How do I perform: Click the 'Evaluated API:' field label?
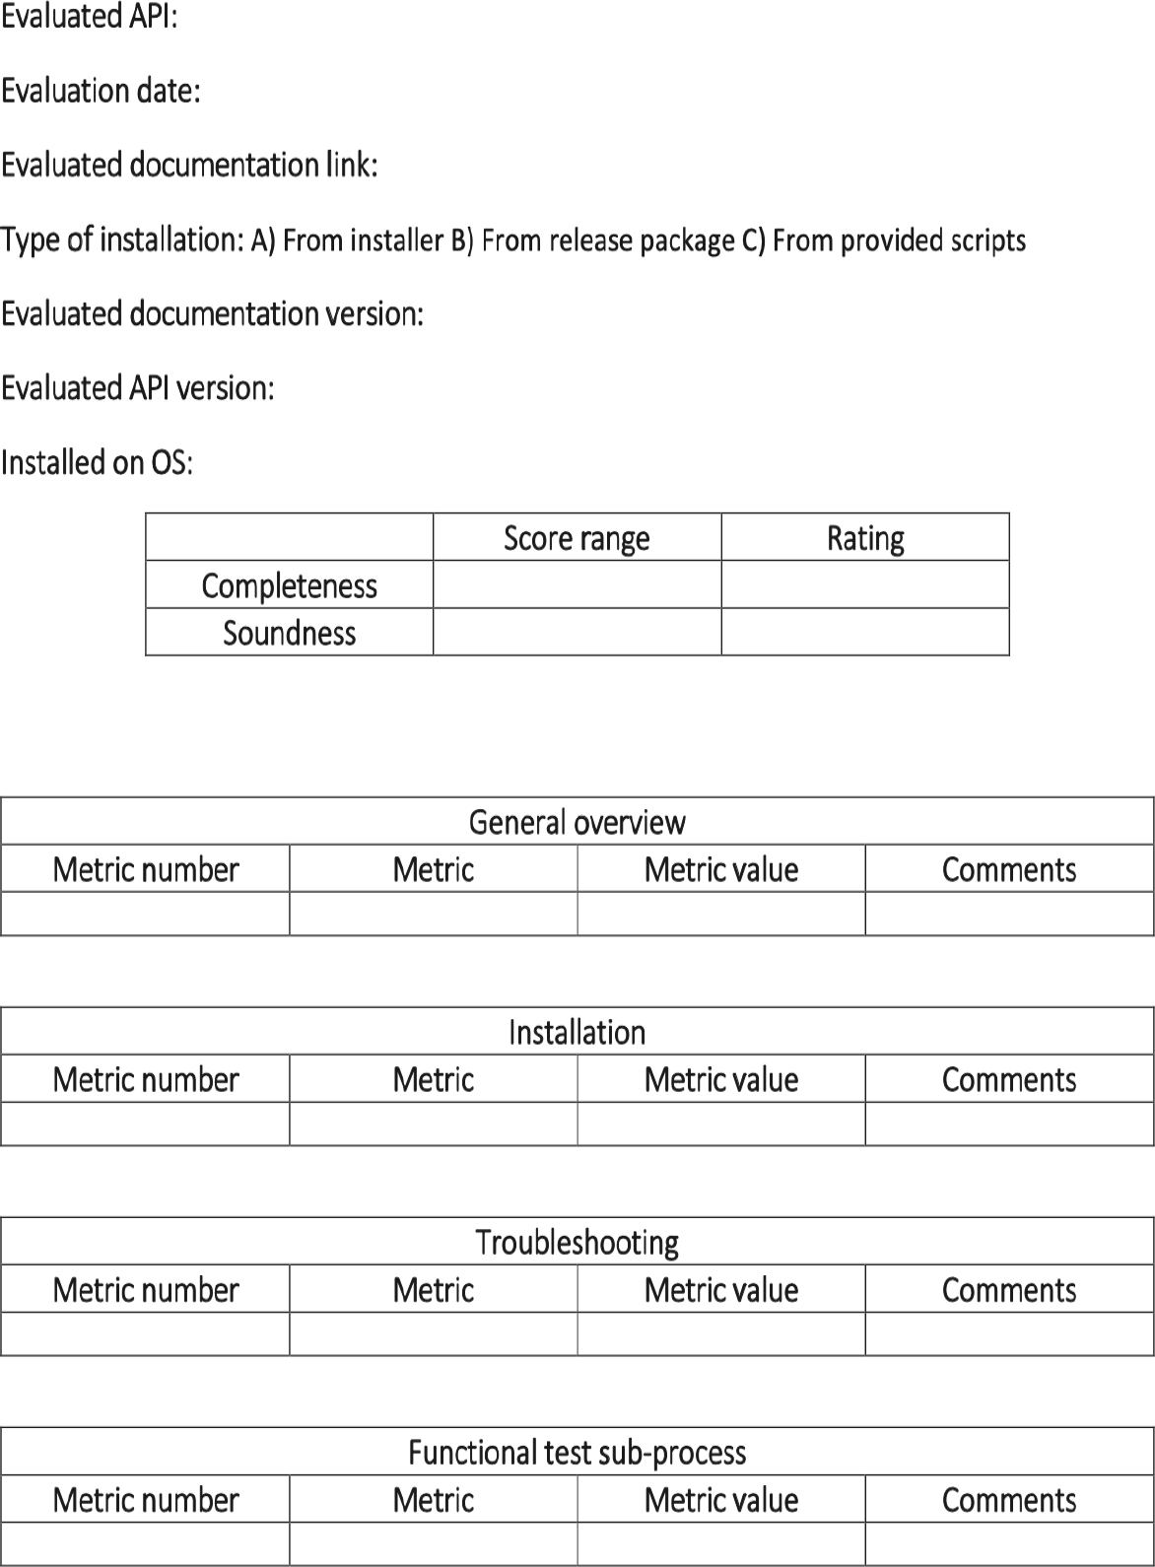(89, 17)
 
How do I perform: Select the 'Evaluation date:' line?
(101, 91)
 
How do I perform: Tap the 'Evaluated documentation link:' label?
(189, 165)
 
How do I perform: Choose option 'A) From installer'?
(347, 240)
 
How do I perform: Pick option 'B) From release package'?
(592, 240)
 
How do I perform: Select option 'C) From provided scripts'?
(884, 240)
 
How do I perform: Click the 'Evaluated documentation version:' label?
(212, 314)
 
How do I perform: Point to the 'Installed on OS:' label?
(97, 462)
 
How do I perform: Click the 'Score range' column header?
(577, 538)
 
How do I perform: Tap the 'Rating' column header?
(865, 538)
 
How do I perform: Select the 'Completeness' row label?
(289, 585)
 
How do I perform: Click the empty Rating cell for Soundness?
(865, 632)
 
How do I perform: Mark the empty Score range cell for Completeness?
(577, 584)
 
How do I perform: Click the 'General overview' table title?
(577, 822)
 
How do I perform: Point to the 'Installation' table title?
(577, 1032)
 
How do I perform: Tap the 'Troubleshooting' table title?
(577, 1242)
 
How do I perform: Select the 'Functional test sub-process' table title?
(577, 1452)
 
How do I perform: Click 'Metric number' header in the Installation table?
(145, 1079)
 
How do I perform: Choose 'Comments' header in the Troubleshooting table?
(1009, 1289)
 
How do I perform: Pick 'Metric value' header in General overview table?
(720, 869)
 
